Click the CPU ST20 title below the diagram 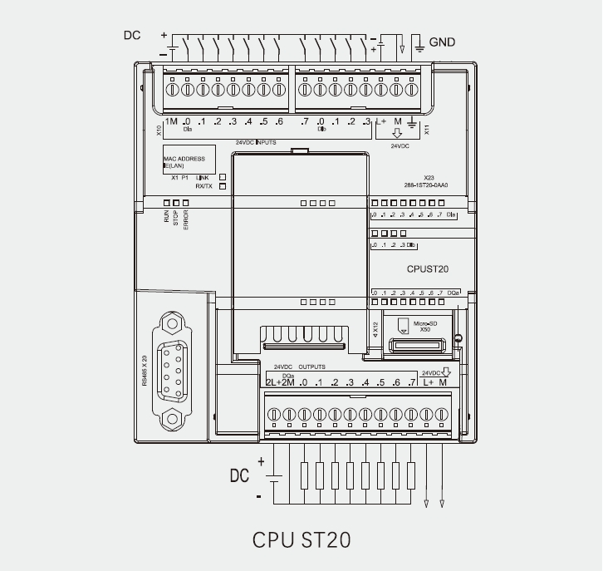(x=301, y=539)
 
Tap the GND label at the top (x=442, y=42)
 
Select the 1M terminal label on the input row (x=171, y=123)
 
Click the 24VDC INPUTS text (x=255, y=143)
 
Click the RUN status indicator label (x=166, y=218)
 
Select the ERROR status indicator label (x=186, y=220)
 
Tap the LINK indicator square (x=223, y=177)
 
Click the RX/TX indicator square (x=223, y=186)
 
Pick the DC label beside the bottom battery (x=239, y=476)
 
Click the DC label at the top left (x=132, y=35)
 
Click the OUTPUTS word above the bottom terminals (x=311, y=367)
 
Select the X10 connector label (x=159, y=130)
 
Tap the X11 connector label (x=427, y=130)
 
